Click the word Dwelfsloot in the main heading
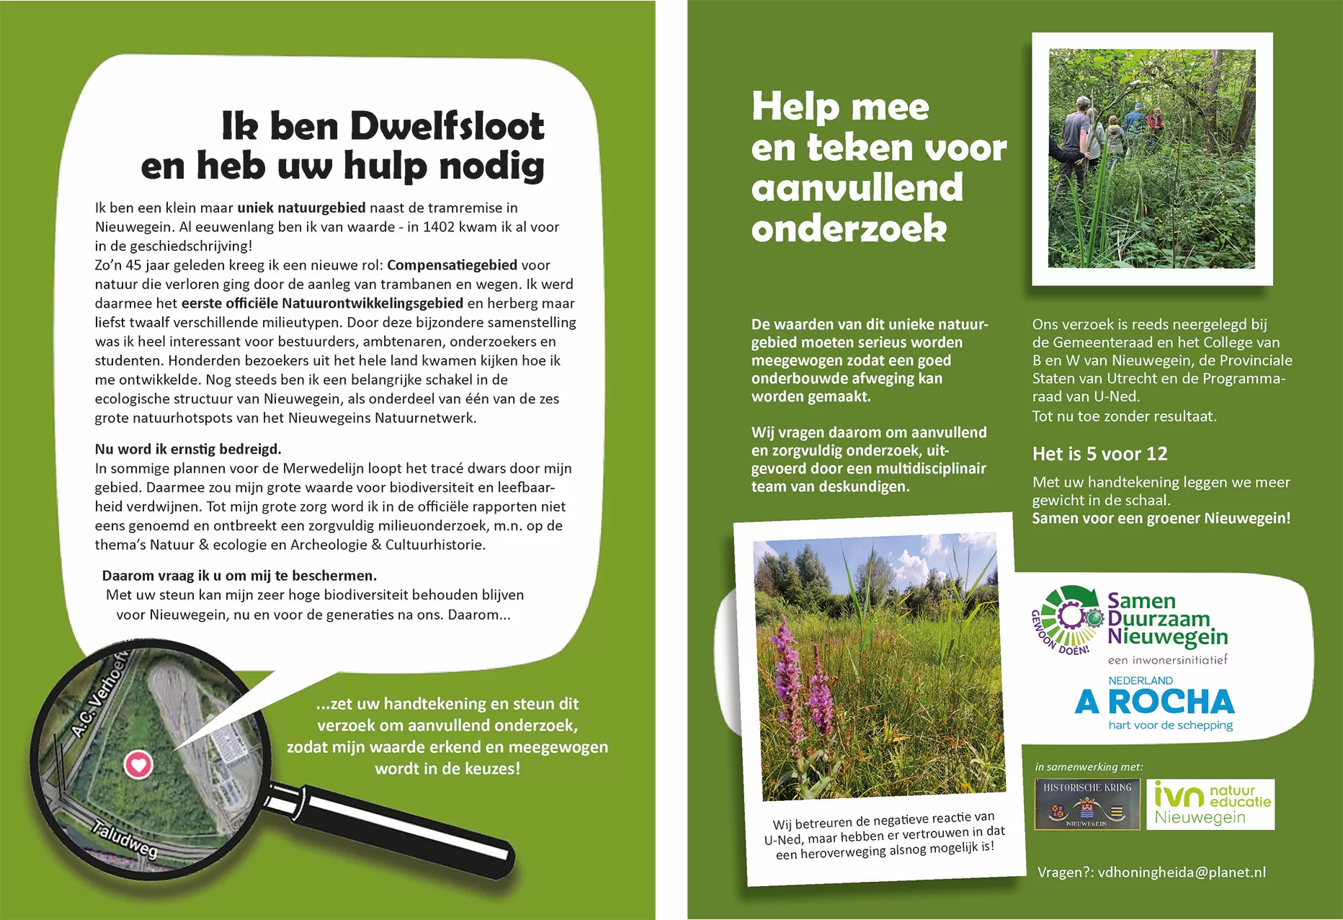tap(447, 127)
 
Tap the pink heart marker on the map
tap(138, 764)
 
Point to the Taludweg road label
tap(125, 839)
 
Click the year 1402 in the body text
tap(439, 227)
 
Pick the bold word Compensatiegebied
tap(452, 265)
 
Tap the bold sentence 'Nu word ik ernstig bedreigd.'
tap(188, 449)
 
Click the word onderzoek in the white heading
tap(849, 229)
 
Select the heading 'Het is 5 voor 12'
tap(1099, 454)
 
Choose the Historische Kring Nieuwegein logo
tap(1087, 804)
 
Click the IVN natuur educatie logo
tap(1210, 804)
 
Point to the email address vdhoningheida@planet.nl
tap(1181, 872)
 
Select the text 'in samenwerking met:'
tap(1089, 767)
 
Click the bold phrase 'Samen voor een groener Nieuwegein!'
tap(1161, 518)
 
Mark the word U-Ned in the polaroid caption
tap(782, 840)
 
